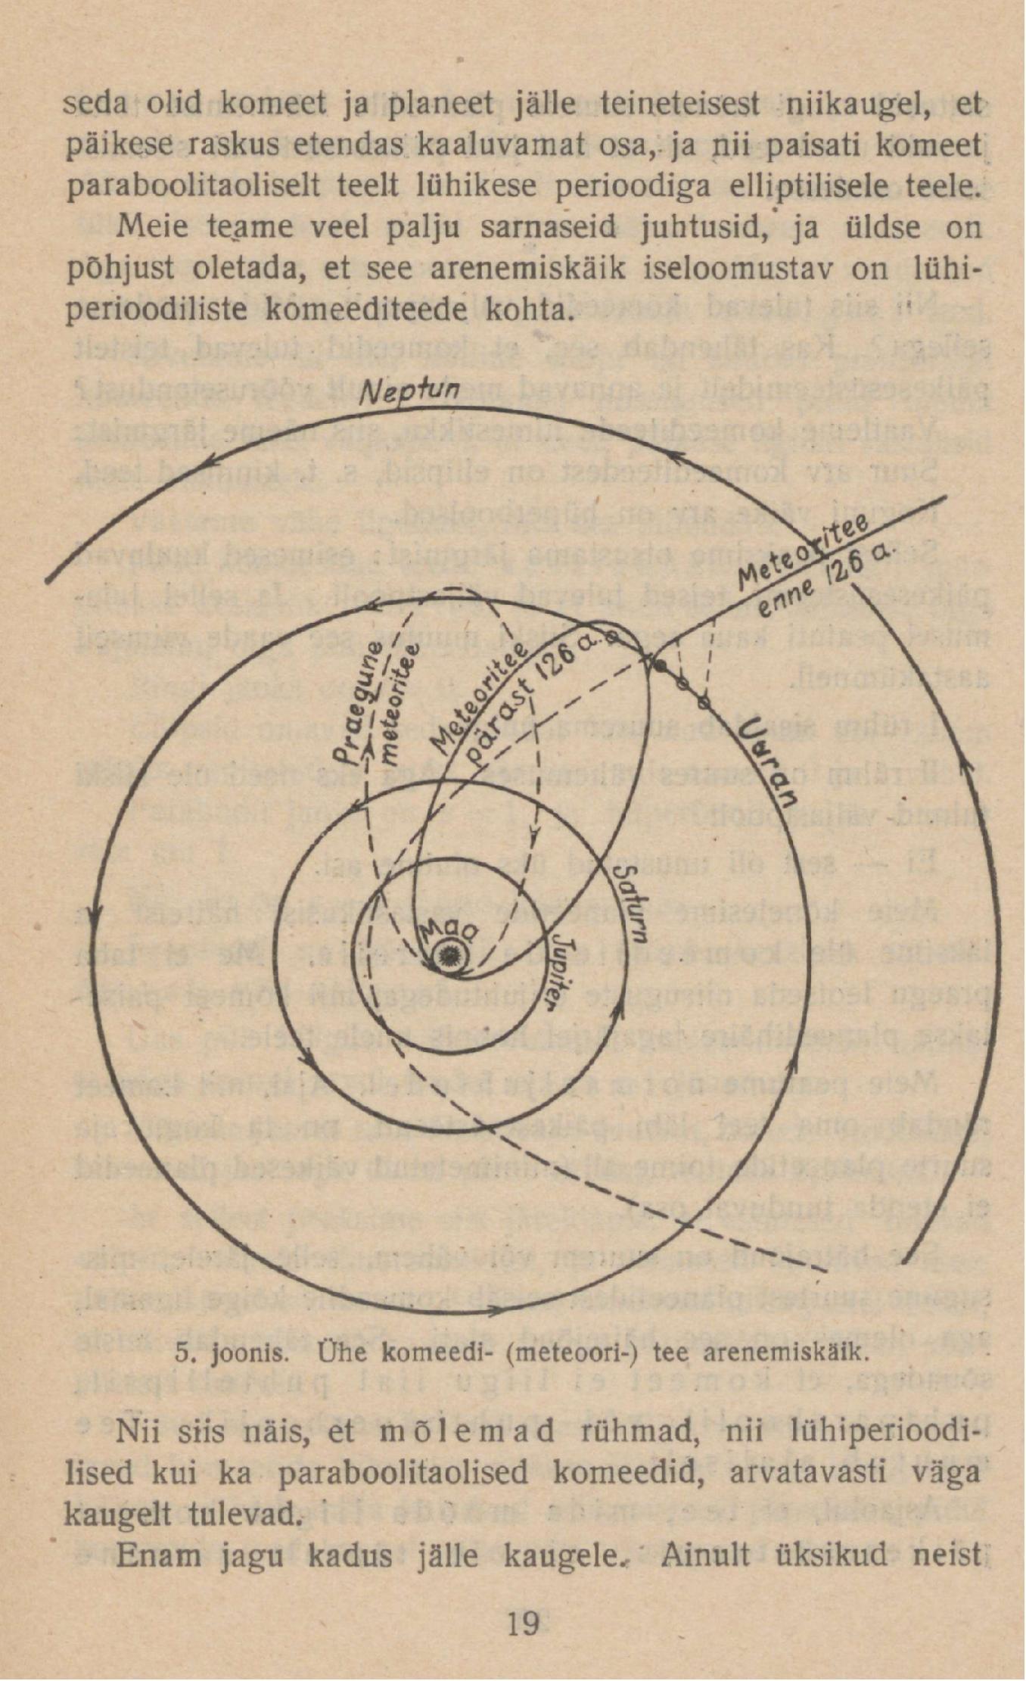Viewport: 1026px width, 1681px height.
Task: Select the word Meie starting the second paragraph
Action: [x=153, y=226]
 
